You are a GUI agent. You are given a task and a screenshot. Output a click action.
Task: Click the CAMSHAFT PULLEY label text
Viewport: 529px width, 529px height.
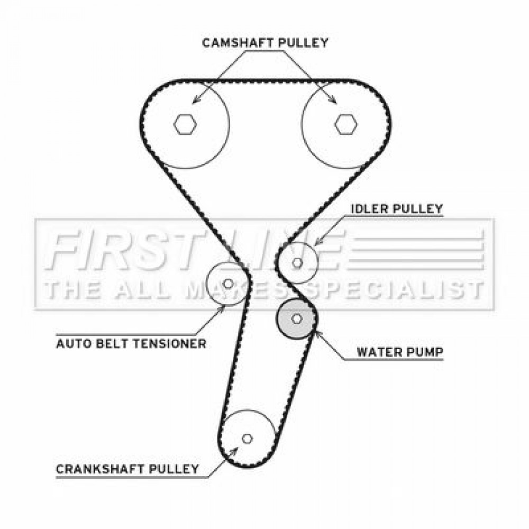(265, 43)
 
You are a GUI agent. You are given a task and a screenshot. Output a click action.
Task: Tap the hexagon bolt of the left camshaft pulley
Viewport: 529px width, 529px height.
(185, 124)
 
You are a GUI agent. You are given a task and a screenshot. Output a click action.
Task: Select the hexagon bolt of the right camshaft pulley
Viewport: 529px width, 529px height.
(346, 124)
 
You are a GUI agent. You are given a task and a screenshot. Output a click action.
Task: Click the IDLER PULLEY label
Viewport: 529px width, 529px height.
(397, 208)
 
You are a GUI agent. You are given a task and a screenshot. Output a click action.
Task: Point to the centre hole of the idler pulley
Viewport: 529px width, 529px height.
(297, 263)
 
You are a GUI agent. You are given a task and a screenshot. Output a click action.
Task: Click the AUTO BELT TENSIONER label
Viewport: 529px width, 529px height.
(131, 344)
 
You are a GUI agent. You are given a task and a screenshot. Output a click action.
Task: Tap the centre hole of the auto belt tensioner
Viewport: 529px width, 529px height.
(228, 284)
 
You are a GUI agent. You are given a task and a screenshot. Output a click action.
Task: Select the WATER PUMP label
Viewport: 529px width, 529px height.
(400, 352)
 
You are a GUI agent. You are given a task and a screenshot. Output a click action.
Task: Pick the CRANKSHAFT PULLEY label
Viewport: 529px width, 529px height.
(127, 469)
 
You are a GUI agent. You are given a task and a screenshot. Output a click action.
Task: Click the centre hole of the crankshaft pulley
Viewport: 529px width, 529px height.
(247, 439)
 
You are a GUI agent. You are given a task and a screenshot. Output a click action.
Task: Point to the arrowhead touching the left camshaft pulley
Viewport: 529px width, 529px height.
(195, 100)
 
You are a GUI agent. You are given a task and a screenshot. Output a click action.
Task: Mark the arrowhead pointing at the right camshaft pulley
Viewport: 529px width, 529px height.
(333, 100)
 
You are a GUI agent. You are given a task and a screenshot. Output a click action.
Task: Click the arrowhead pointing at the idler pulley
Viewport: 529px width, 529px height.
(317, 242)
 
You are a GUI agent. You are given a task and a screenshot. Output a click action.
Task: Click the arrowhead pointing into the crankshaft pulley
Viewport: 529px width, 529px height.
(234, 451)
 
